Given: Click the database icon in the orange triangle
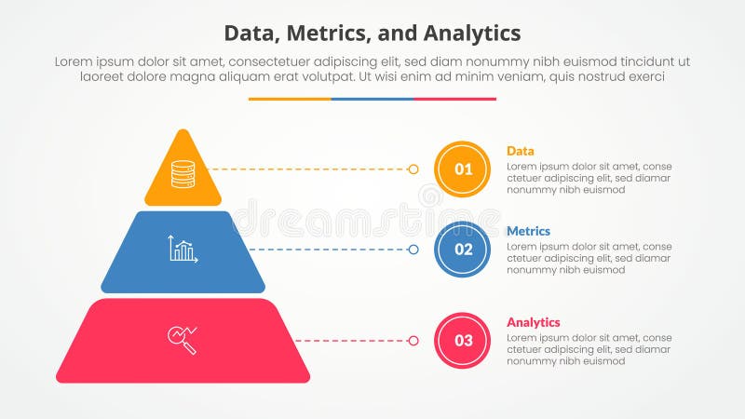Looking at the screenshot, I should (x=183, y=173).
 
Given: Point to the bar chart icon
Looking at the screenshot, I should (x=183, y=249).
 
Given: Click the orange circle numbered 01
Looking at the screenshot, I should (x=463, y=169).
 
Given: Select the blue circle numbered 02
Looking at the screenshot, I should (x=463, y=250).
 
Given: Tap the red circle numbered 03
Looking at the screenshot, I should (x=463, y=340).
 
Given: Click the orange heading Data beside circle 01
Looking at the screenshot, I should (x=520, y=151).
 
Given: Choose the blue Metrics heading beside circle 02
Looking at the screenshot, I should (x=528, y=231).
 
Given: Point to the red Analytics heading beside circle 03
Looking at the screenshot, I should (x=534, y=322).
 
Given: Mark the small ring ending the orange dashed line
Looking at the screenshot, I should (x=413, y=169).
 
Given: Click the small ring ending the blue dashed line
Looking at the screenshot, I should (x=413, y=250).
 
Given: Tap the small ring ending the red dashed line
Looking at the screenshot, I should (x=413, y=341).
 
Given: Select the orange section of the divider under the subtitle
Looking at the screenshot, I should (x=290, y=99).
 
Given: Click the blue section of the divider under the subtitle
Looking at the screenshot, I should (x=372, y=99).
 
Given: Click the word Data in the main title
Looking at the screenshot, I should (x=252, y=34).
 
